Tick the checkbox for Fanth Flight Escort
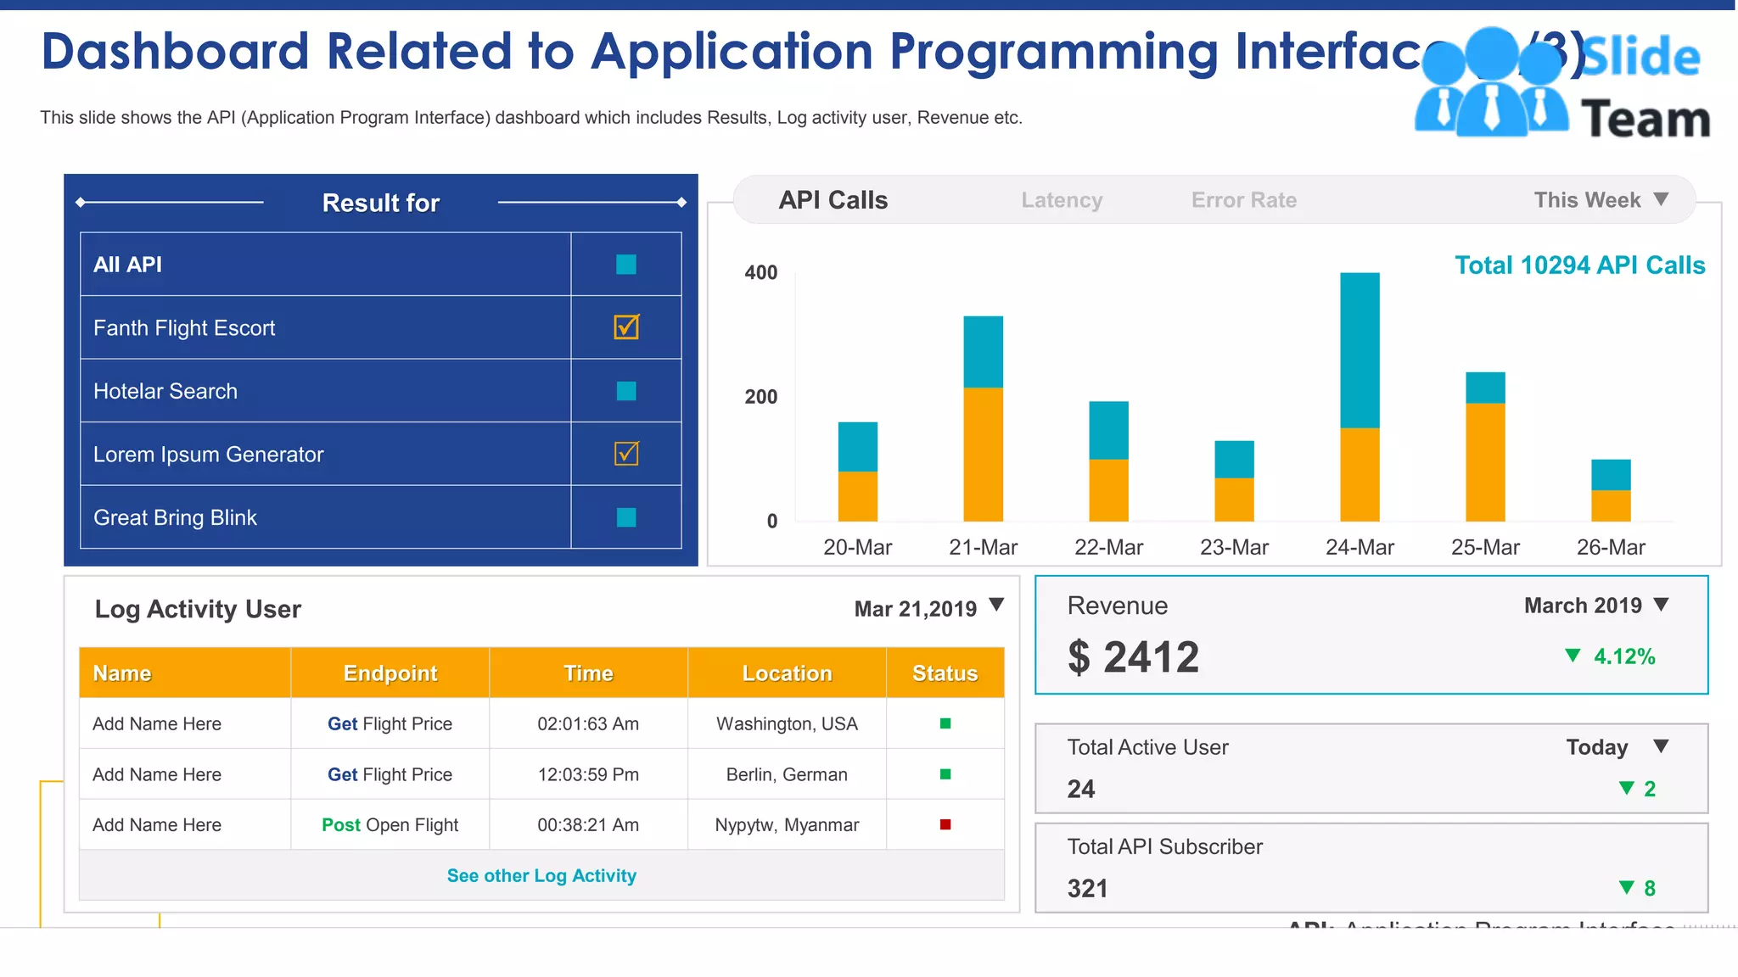(x=626, y=327)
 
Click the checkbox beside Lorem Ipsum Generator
(x=626, y=454)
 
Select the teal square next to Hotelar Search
(x=626, y=391)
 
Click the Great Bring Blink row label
(x=175, y=517)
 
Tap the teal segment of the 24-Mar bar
(x=1360, y=349)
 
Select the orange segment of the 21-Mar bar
(x=983, y=454)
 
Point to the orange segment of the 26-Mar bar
(x=1610, y=505)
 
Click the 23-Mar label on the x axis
(x=1234, y=547)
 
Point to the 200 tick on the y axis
(x=760, y=397)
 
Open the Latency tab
(x=1062, y=200)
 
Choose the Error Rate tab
(x=1243, y=200)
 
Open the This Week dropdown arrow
(x=1661, y=199)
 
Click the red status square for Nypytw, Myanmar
(x=945, y=824)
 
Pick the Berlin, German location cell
(x=787, y=774)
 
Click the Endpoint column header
(x=390, y=673)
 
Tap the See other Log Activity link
(x=541, y=875)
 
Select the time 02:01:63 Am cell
(x=588, y=723)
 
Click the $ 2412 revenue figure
(x=1133, y=657)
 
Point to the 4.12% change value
(x=1623, y=656)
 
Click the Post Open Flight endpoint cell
(x=390, y=824)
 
